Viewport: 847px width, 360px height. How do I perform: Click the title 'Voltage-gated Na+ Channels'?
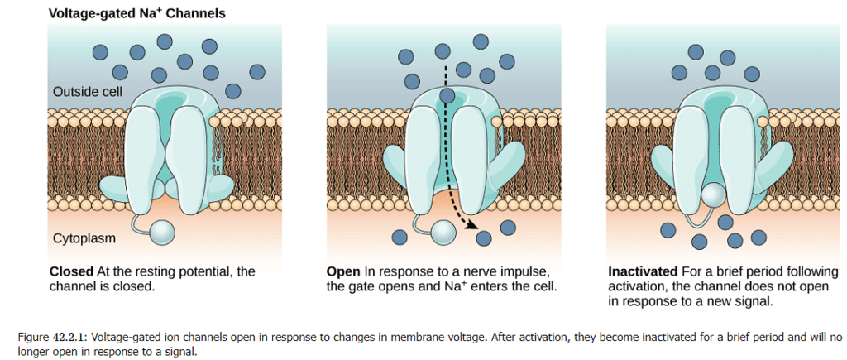pos(136,14)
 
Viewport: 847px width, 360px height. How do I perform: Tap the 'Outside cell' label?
pos(88,91)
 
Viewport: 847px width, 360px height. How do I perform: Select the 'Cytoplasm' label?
pos(84,238)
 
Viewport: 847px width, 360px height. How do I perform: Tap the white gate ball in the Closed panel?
pos(163,233)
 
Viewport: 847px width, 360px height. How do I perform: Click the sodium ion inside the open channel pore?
pos(447,97)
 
